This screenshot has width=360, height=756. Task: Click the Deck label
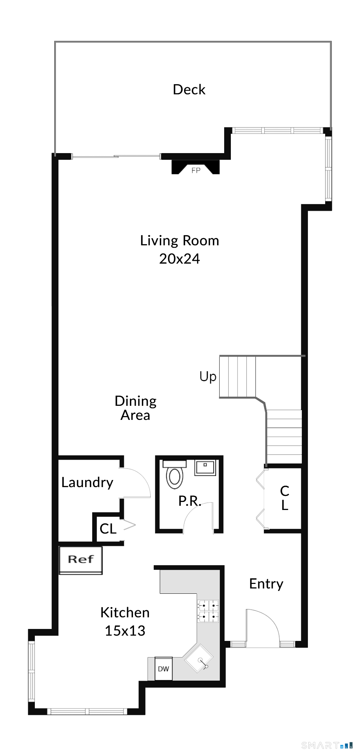pos(189,89)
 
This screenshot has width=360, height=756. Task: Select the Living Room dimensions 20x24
pos(179,259)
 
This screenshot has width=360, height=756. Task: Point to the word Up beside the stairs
pos(208,377)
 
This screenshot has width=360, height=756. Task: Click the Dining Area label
pos(135,408)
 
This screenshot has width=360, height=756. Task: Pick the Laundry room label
pos(87,483)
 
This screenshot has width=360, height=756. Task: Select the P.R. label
pos(190,501)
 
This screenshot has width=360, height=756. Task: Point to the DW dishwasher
pos(163,669)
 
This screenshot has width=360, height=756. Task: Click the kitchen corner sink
pos(199,658)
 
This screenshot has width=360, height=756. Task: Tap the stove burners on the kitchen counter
pos(208,611)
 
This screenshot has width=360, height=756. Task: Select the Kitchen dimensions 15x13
pos(125,631)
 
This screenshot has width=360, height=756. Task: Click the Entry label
pos(266,584)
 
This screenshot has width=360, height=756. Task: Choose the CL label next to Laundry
pos(108,529)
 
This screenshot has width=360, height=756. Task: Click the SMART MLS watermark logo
pos(327,745)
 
